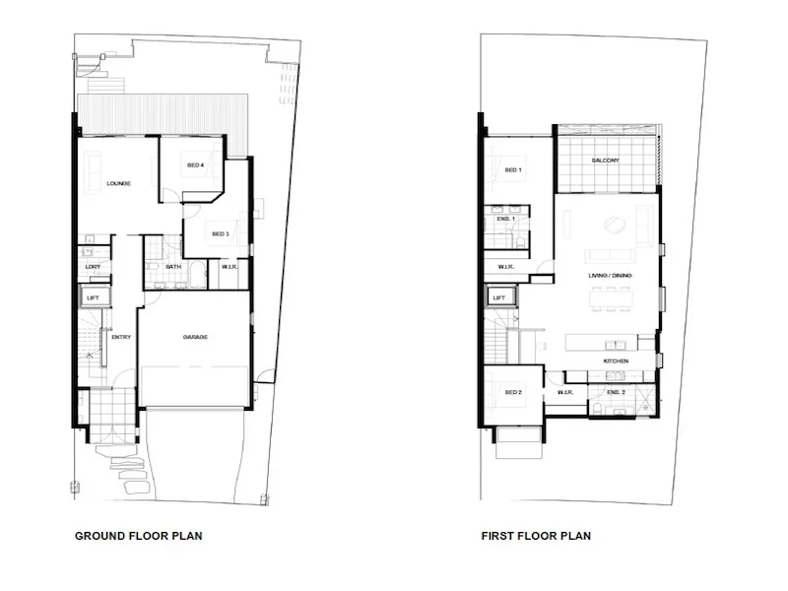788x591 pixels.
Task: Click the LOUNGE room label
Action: point(118,184)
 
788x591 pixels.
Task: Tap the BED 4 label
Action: point(195,165)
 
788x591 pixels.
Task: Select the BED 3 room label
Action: point(220,233)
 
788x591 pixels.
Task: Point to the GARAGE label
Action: point(194,337)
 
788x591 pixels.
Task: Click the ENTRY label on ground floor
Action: point(121,337)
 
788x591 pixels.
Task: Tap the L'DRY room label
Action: point(94,266)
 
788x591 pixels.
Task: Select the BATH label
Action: point(172,266)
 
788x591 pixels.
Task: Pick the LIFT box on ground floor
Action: point(94,296)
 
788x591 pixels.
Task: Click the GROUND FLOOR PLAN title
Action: point(139,537)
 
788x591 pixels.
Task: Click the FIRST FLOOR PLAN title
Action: point(536,537)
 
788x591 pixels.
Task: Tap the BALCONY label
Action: point(605,161)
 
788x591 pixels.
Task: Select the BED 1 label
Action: point(512,170)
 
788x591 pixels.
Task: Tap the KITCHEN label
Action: point(616,361)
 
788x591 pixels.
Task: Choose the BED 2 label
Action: point(512,392)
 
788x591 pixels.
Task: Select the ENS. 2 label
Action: point(617,392)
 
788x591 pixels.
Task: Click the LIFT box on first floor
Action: point(498,296)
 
